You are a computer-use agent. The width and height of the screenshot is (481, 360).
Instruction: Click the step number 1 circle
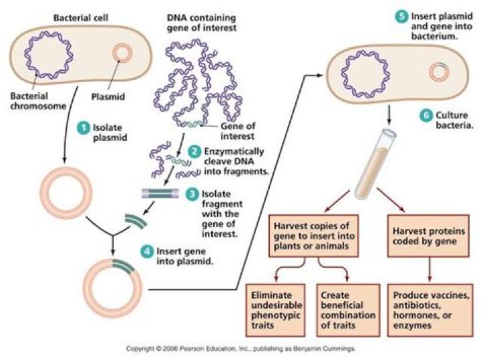tap(85, 126)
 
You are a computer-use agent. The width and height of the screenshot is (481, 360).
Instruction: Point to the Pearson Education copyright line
tap(240, 349)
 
